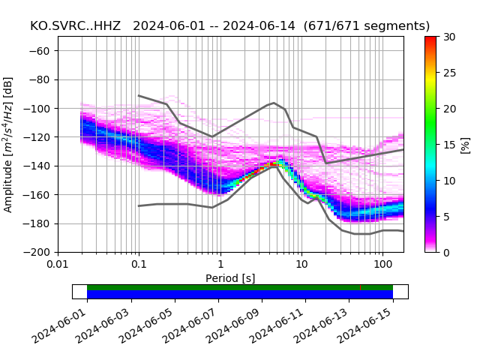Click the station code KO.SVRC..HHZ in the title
click(x=77, y=26)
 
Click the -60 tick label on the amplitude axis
click(x=43, y=51)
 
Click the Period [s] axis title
click(x=230, y=278)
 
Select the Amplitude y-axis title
click(x=8, y=144)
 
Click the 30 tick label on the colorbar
click(x=449, y=37)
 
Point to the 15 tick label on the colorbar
click(x=449, y=145)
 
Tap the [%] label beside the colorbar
click(x=466, y=144)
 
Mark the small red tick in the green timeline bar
click(x=360, y=287)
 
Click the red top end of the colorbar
click(x=430, y=38)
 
